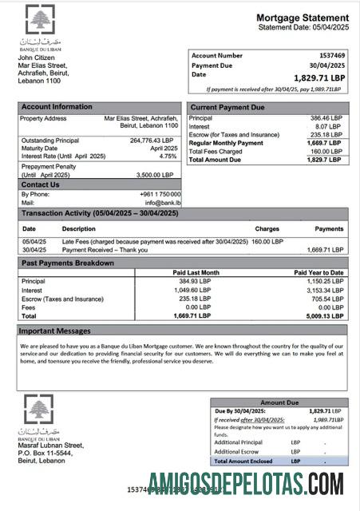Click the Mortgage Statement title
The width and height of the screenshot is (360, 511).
pyautogui.click(x=302, y=18)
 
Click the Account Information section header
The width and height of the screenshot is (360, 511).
pyautogui.click(x=57, y=106)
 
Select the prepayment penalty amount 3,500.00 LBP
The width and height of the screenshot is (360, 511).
pyautogui.click(x=156, y=174)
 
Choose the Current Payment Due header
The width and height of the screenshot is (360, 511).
pyautogui.click(x=227, y=106)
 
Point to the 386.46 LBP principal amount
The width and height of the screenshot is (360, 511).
pyautogui.click(x=326, y=118)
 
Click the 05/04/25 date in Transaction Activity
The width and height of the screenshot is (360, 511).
pyautogui.click(x=34, y=240)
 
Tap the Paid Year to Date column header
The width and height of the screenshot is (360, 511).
pyautogui.click(x=319, y=273)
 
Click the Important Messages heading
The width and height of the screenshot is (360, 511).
pyautogui.click(x=55, y=331)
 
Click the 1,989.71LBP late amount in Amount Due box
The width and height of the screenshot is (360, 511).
pyautogui.click(x=329, y=419)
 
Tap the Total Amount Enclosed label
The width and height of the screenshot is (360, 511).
pyautogui.click(x=243, y=461)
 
